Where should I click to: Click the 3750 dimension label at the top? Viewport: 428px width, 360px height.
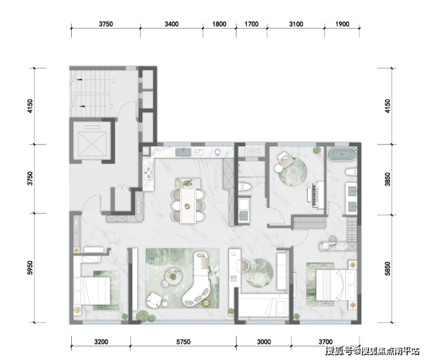click(106, 24)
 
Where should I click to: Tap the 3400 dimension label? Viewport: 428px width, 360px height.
click(171, 24)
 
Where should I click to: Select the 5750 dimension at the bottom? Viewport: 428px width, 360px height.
click(183, 342)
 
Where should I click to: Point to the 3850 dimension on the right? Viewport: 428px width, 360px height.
click(388, 180)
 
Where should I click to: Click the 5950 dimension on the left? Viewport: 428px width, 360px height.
click(30, 268)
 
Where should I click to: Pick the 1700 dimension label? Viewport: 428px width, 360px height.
click(252, 24)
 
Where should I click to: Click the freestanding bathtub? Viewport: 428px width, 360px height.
click(341, 154)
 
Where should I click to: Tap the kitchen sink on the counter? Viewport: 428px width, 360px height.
click(183, 152)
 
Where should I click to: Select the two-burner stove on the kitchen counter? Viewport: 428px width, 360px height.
click(149, 173)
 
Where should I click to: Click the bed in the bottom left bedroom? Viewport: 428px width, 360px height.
click(92, 291)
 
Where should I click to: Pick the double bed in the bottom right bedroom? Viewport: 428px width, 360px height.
click(336, 285)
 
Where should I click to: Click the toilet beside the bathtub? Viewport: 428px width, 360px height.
click(351, 172)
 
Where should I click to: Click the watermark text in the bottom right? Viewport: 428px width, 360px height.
click(372, 351)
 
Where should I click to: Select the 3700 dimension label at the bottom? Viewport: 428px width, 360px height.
click(326, 342)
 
